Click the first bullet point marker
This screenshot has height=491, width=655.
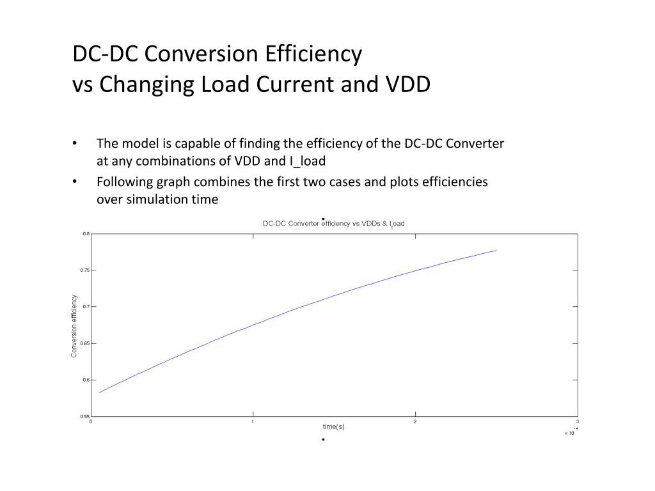(x=75, y=143)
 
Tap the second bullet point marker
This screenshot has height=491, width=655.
(x=75, y=182)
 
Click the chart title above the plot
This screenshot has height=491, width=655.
(x=334, y=223)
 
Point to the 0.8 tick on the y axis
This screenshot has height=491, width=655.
(x=86, y=234)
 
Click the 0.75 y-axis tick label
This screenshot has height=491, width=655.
(x=84, y=270)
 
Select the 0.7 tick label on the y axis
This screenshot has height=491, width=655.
(x=86, y=307)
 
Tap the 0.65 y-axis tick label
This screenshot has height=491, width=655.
(x=84, y=343)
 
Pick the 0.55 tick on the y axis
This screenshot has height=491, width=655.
(x=84, y=416)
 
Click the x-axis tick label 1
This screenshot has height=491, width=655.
(x=253, y=422)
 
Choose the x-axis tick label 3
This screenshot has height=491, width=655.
(x=577, y=422)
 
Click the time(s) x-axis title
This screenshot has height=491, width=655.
(x=333, y=426)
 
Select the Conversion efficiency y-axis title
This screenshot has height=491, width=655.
(x=74, y=325)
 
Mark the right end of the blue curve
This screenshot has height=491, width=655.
(x=496, y=250)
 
